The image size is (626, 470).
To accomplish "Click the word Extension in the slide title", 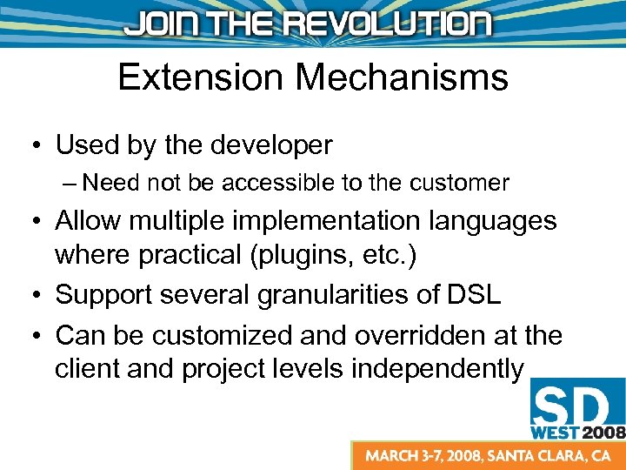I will coord(201,77).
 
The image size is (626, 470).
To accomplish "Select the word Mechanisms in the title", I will coord(402,77).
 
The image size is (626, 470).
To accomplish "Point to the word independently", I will coord(437,368).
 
